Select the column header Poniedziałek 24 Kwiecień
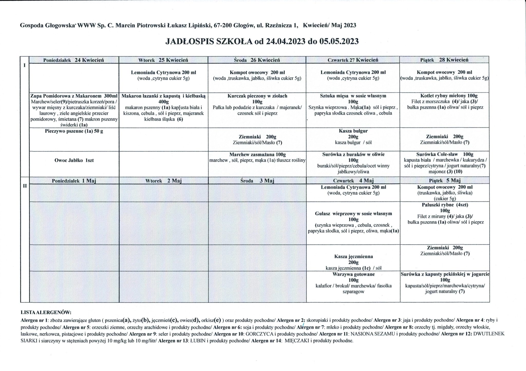pos(74,60)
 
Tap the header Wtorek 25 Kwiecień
pos(163,60)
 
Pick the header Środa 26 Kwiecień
pos(257,60)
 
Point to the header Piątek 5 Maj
pos(445,180)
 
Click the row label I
pos(25,65)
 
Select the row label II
pos(25,186)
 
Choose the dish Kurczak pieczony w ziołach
pos(257,96)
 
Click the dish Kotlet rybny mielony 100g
pos(445,96)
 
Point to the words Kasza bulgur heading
pos(353,131)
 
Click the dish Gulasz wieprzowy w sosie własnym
pos(353,214)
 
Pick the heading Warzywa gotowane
pos(353,274)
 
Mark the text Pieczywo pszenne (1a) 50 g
pos(74,131)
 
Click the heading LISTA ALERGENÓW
pos(46,313)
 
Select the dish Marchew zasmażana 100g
pos(257,154)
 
